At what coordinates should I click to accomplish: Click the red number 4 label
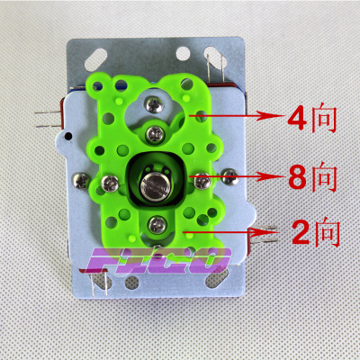(297, 118)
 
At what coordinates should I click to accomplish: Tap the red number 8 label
(297, 177)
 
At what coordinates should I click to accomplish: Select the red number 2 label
(301, 233)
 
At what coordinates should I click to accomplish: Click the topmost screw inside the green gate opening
(155, 105)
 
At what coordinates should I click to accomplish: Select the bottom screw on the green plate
(157, 225)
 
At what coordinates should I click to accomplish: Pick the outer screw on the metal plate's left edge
(81, 181)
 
